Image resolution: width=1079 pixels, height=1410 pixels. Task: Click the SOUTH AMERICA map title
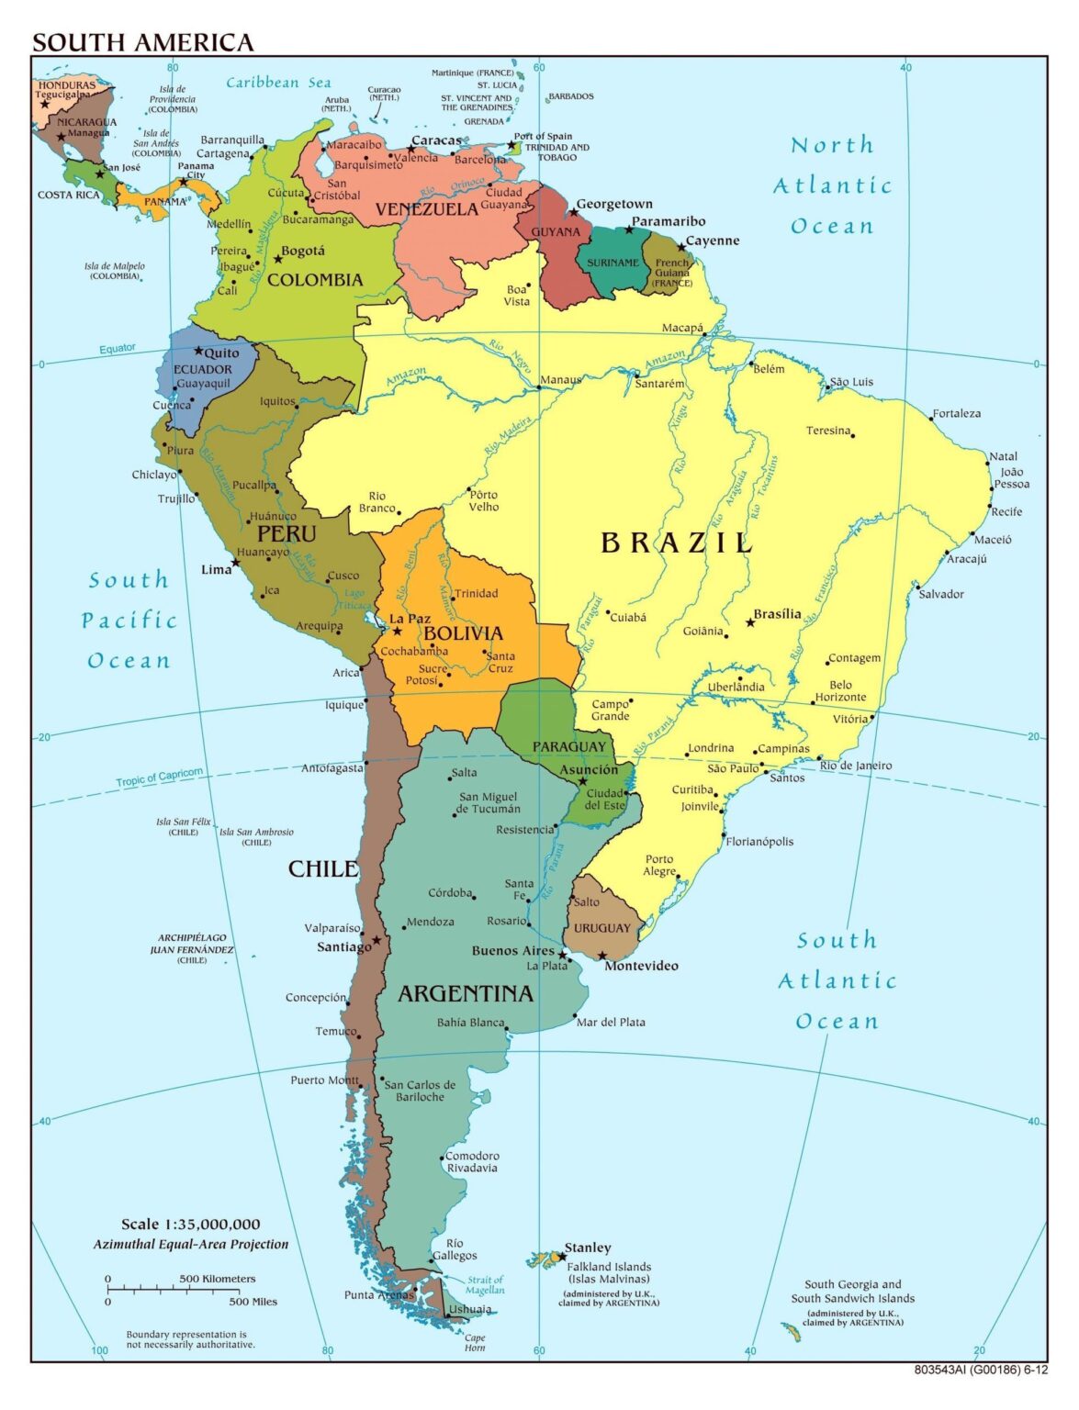click(x=142, y=42)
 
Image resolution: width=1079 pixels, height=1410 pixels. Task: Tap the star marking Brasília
click(x=750, y=622)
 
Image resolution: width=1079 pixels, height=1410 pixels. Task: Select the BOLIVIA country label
click(x=463, y=633)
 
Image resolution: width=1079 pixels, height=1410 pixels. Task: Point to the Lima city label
click(x=216, y=569)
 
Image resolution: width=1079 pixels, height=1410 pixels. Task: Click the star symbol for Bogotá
click(x=278, y=259)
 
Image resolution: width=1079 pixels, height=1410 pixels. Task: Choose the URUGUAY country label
click(x=602, y=928)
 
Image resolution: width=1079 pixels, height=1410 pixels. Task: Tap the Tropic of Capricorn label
click(x=159, y=777)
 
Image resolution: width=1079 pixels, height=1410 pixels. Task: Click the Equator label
click(x=118, y=349)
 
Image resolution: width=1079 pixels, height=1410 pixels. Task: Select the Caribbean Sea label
click(x=278, y=83)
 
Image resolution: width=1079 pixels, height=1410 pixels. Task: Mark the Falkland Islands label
click(x=608, y=1267)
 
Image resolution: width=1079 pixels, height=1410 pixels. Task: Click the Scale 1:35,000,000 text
click(x=190, y=1224)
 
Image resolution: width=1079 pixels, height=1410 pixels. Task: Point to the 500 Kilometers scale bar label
click(x=218, y=1279)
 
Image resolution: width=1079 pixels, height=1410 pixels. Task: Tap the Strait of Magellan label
click(x=485, y=1284)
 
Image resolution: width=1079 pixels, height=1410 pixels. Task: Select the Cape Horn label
click(x=475, y=1342)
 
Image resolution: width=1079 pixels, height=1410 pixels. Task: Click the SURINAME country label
click(x=613, y=263)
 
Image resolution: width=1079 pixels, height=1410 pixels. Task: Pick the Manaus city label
click(x=560, y=380)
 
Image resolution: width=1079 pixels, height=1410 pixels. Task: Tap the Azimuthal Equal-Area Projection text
click(x=190, y=1245)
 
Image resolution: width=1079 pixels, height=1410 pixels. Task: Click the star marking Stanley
click(x=562, y=1257)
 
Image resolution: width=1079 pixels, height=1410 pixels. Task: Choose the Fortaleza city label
click(x=956, y=413)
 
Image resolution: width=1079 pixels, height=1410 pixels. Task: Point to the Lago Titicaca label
click(x=354, y=599)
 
